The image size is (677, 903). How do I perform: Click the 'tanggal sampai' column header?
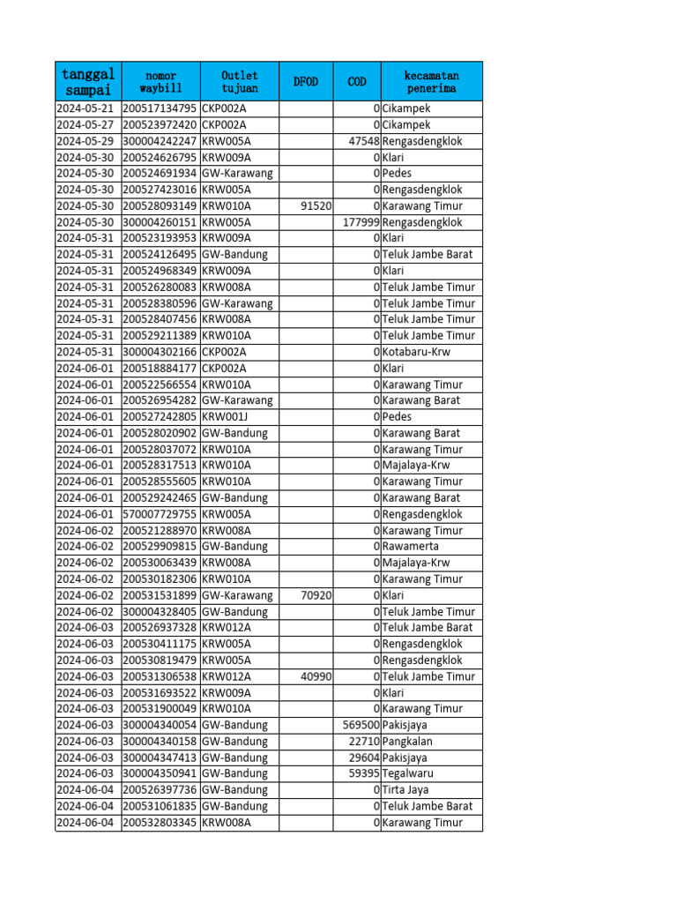click(x=87, y=81)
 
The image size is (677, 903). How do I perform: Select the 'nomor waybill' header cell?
click(x=160, y=81)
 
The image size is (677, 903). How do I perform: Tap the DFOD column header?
click(x=305, y=81)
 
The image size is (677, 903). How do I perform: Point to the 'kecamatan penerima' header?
click(x=432, y=81)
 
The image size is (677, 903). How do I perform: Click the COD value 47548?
click(x=364, y=141)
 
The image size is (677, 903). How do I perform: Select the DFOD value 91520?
click(x=316, y=205)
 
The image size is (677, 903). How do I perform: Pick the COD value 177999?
click(x=361, y=222)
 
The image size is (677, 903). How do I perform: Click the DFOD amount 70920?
click(x=316, y=595)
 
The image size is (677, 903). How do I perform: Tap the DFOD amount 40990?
click(x=316, y=676)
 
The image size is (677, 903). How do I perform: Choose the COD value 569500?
click(x=361, y=725)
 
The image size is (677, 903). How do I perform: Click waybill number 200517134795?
click(x=160, y=108)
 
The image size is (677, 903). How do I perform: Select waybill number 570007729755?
click(x=160, y=514)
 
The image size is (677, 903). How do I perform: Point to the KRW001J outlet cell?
click(x=226, y=416)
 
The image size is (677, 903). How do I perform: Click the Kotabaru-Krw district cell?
click(x=416, y=352)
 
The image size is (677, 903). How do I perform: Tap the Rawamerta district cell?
click(x=411, y=547)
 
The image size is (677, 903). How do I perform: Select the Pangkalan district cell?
click(x=408, y=741)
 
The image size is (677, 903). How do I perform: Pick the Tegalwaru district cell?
click(x=408, y=773)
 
